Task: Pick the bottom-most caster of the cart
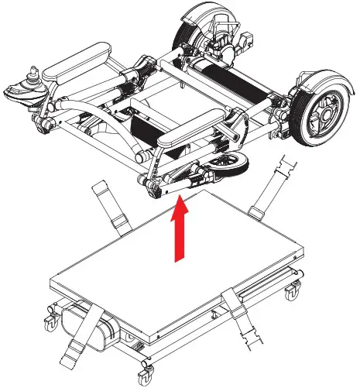pos(146,378)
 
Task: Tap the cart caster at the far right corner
pos(292,292)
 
